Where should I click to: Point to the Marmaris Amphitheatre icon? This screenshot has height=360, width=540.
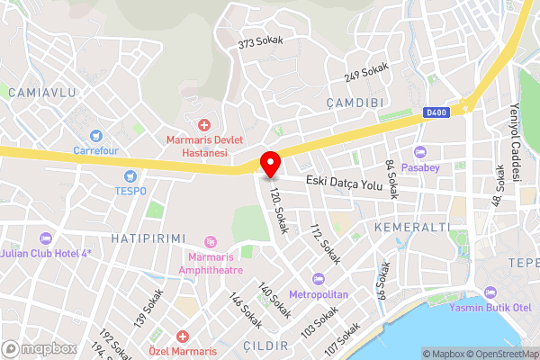(x=211, y=241)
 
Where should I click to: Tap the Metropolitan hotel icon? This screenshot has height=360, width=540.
(x=317, y=277)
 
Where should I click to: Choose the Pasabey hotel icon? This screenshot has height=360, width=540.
(x=420, y=151)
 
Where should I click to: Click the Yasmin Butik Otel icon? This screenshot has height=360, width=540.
(x=490, y=293)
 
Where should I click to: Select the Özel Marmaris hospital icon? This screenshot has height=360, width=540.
(x=182, y=337)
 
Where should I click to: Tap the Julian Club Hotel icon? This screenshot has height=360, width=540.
(x=47, y=237)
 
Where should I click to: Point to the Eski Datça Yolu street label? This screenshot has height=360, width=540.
(x=345, y=183)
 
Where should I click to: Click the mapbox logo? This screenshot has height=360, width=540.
(x=40, y=348)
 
